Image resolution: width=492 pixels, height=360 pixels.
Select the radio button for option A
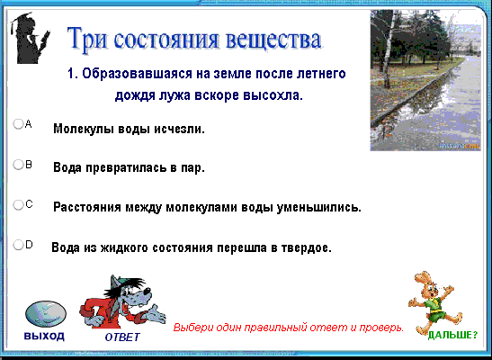click(18, 124)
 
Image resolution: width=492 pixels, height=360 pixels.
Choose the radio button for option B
click(18, 165)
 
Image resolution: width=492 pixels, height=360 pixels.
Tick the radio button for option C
click(18, 204)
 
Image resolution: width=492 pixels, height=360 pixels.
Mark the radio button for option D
click(18, 245)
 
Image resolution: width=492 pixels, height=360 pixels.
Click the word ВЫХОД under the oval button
click(44, 336)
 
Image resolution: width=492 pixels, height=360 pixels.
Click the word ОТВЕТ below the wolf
click(122, 337)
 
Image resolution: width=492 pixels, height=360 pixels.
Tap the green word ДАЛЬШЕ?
click(452, 335)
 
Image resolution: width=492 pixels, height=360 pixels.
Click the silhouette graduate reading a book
click(30, 38)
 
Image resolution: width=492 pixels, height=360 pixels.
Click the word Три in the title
click(86, 39)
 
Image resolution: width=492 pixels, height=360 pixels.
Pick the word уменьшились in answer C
click(318, 208)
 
